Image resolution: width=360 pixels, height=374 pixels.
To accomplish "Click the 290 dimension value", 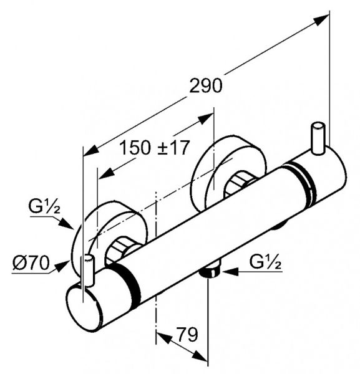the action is click(x=205, y=86).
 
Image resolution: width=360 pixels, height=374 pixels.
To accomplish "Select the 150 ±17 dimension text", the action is click(x=154, y=147).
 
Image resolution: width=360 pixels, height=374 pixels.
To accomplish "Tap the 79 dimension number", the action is click(x=187, y=334).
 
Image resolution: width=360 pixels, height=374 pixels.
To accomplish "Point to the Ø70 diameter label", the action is click(x=31, y=263).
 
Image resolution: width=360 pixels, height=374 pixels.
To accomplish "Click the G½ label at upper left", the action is click(x=44, y=206).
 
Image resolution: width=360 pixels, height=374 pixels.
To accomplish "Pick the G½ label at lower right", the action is click(x=265, y=262).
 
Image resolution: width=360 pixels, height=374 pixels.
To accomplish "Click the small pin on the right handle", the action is click(x=318, y=139).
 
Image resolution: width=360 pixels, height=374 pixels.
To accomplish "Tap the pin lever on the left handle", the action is click(x=89, y=271).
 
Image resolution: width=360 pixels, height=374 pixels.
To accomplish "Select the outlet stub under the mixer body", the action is click(x=211, y=269).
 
